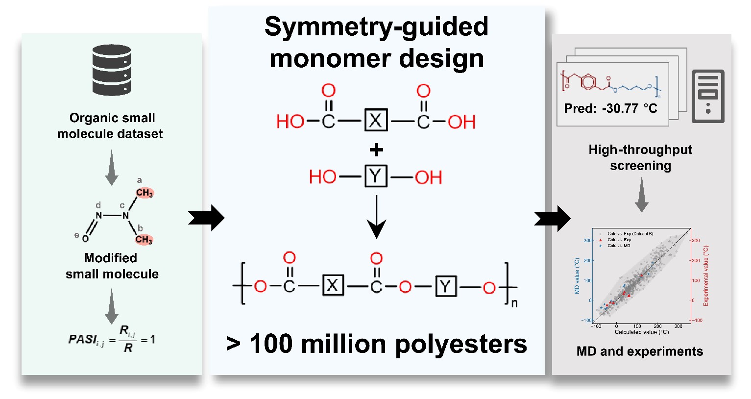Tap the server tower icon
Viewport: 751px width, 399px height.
708,96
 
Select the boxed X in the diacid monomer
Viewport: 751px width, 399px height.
376,120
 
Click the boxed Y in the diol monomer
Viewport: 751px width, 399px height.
376,176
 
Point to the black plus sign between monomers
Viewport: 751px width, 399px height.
376,150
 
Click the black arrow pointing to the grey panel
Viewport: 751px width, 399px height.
552,218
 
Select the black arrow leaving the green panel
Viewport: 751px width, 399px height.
206,218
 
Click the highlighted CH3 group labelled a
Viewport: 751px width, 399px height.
145,193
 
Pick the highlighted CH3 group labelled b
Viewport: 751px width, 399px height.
144,239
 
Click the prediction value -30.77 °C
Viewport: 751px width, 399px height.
629,108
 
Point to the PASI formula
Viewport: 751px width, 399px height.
112,340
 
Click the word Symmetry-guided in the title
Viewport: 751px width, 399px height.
376,26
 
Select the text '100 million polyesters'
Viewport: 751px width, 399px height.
388,344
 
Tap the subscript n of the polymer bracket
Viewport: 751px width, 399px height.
514,303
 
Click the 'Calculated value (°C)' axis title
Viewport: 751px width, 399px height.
641,332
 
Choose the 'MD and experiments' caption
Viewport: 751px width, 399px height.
640,351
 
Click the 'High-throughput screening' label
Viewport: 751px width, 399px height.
640,157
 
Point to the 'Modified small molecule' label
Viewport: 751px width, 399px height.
112,266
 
